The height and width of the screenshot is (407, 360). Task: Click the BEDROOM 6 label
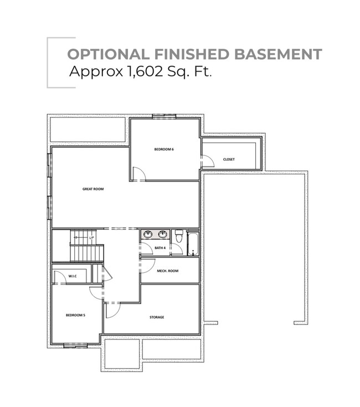coord(164,150)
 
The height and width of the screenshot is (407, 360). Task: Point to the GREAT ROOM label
coord(93,189)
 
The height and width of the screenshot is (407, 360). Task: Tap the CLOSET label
coord(229,159)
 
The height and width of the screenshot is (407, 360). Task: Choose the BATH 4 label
coord(160,248)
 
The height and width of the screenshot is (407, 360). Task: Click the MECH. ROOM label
coord(167,271)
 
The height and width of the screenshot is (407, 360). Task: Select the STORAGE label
coord(157,317)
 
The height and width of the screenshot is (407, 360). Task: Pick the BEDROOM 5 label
coord(75,315)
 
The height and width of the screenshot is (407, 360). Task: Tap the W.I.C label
coord(73,276)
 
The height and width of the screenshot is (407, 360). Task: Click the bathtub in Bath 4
coord(193,244)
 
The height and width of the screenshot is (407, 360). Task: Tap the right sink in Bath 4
coord(162,234)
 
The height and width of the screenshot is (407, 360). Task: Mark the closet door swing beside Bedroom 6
coord(208,161)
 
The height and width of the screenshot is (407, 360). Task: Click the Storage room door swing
coord(112,311)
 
